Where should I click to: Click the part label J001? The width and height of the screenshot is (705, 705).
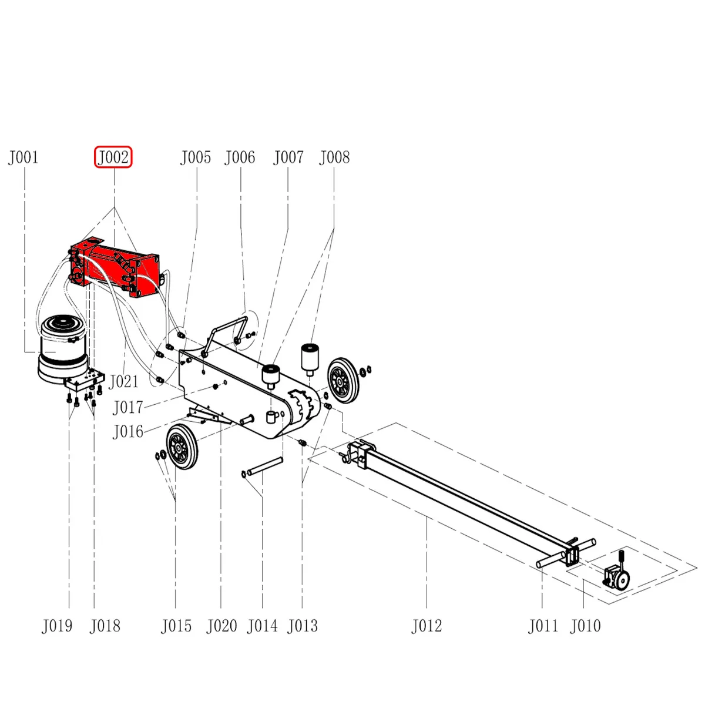click(23, 157)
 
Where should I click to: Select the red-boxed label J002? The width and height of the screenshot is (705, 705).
click(113, 157)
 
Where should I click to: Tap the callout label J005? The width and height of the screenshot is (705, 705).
click(196, 157)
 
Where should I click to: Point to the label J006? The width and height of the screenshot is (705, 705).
click(240, 157)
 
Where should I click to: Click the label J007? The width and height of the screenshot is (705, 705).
click(288, 157)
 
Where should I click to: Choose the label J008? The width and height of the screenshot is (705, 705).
click(334, 157)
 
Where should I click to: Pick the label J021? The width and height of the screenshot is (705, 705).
click(123, 382)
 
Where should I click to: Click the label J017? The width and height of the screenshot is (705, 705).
click(127, 407)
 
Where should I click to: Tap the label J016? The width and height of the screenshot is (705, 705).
click(127, 432)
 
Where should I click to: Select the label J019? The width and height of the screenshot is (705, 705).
click(57, 626)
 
